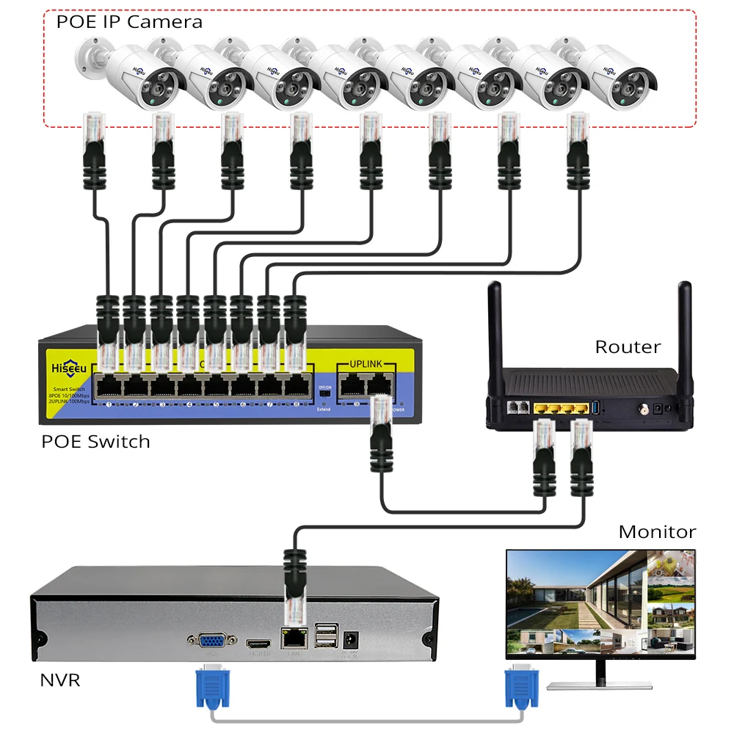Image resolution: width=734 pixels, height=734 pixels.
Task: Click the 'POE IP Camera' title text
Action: coord(129,21)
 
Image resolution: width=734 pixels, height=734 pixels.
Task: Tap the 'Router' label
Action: coord(628,346)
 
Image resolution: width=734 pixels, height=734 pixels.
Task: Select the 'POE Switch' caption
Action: coord(95,441)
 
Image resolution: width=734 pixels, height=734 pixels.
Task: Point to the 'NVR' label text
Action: coord(59,680)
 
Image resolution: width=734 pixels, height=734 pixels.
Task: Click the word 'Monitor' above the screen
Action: coord(657,531)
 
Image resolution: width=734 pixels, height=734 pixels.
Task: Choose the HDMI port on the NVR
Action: coord(258,641)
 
